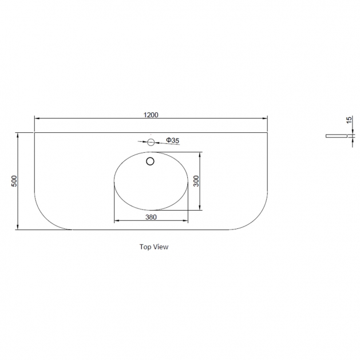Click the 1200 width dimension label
[151, 114]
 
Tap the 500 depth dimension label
[14, 181]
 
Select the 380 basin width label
[151, 217]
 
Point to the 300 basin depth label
[196, 181]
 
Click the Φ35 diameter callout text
[173, 140]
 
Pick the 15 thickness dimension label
[349, 120]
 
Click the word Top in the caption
[145, 247]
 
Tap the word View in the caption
[161, 247]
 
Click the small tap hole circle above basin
[151, 143]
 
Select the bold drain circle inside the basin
[150, 161]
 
